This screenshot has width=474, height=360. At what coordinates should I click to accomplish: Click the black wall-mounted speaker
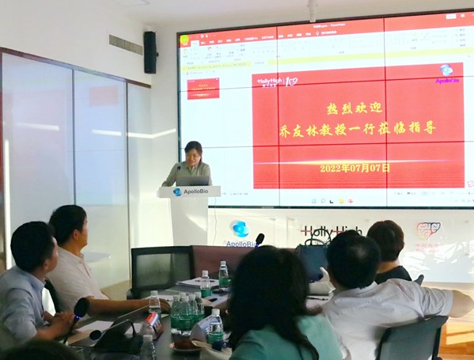tap(150, 51)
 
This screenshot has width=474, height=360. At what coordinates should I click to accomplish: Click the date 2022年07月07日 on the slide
tap(355, 169)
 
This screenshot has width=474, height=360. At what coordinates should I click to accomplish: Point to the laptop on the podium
tap(192, 180)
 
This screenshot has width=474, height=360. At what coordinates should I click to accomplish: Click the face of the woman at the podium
tap(193, 152)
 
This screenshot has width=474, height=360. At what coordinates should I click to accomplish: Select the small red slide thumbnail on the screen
tap(203, 88)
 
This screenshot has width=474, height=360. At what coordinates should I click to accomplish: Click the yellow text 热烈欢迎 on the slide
tap(355, 108)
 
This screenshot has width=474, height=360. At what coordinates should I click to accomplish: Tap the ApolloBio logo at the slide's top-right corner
tap(447, 74)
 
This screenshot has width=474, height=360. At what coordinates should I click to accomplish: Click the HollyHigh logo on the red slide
tap(276, 81)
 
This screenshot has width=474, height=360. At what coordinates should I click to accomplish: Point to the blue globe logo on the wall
tap(240, 229)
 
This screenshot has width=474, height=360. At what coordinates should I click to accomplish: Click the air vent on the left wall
tap(125, 44)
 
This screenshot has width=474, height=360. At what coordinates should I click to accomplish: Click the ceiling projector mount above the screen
tap(313, 9)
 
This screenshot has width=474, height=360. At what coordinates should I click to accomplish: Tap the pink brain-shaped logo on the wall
tap(428, 231)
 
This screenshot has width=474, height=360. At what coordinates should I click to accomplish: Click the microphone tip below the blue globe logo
tap(260, 237)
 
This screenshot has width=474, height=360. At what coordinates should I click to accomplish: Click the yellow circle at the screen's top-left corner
tap(184, 40)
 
